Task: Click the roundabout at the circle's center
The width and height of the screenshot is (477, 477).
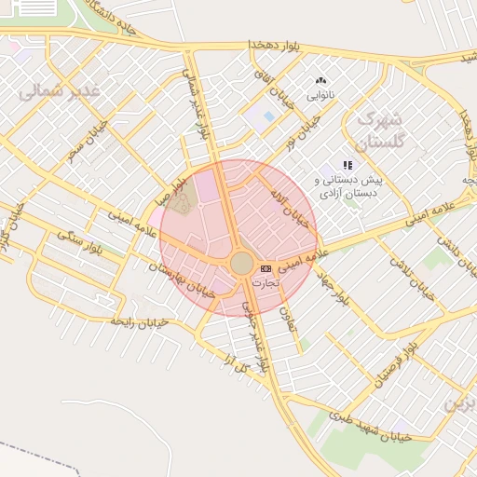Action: pos(241,264)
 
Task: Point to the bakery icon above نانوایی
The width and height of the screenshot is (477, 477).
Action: pos(321,82)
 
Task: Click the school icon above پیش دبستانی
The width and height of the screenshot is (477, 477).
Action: pos(348,165)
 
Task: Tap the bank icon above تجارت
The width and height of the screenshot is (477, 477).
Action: pos(266,268)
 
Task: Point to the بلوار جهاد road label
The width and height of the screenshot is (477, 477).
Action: pos(332,285)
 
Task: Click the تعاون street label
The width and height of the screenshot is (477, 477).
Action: pos(286,319)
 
